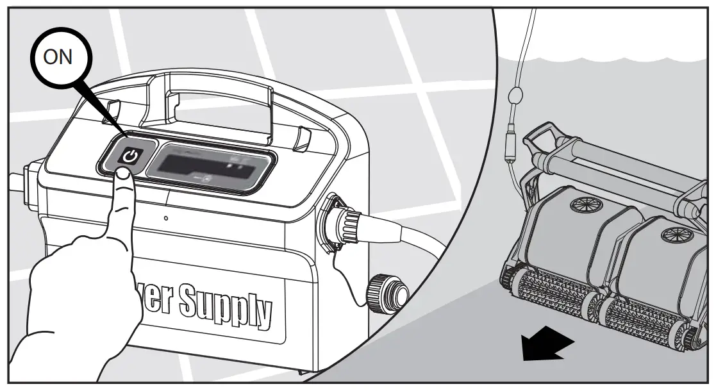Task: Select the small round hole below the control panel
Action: pyautogui.click(x=166, y=219)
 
